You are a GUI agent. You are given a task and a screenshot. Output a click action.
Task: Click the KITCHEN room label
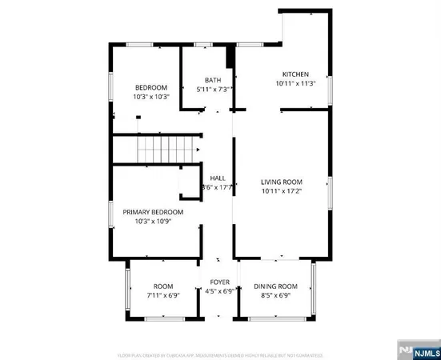295,74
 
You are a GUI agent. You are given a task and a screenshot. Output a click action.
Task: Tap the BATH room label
213,80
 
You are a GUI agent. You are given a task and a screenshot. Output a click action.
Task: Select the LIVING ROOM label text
281,182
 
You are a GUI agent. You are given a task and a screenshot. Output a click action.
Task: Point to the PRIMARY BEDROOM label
153,212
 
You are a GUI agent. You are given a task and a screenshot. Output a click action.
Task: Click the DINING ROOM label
275,286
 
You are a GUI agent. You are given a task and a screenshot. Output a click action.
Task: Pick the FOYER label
220,282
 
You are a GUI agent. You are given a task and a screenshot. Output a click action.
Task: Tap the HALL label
218,178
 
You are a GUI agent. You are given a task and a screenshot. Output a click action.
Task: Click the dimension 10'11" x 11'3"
295,83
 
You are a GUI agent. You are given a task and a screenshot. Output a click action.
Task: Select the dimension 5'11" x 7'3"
213,89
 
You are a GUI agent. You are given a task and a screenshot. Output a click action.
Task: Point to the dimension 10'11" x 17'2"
281,190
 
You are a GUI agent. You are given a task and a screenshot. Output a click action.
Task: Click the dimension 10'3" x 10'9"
153,221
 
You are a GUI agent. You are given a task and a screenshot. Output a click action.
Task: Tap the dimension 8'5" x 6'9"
275,294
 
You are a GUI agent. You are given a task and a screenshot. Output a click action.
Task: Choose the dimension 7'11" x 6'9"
163,294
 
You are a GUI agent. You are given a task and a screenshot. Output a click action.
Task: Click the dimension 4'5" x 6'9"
220,291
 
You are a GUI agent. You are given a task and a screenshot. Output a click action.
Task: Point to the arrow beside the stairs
197,149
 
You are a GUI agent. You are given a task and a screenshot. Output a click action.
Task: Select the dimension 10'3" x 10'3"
150,97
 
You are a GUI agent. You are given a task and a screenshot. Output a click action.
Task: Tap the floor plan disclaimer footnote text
220,354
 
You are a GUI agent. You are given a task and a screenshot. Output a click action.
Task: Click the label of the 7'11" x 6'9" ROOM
163,286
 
